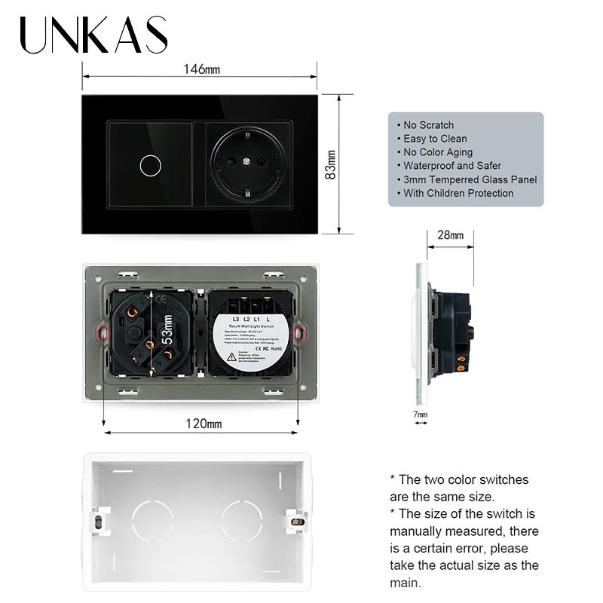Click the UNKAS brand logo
(94, 35)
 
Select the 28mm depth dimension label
(451, 235)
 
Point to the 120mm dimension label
(204, 424)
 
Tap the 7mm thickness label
(421, 415)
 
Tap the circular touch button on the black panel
(147, 164)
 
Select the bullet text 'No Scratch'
(428, 125)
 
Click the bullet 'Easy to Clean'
(435, 139)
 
